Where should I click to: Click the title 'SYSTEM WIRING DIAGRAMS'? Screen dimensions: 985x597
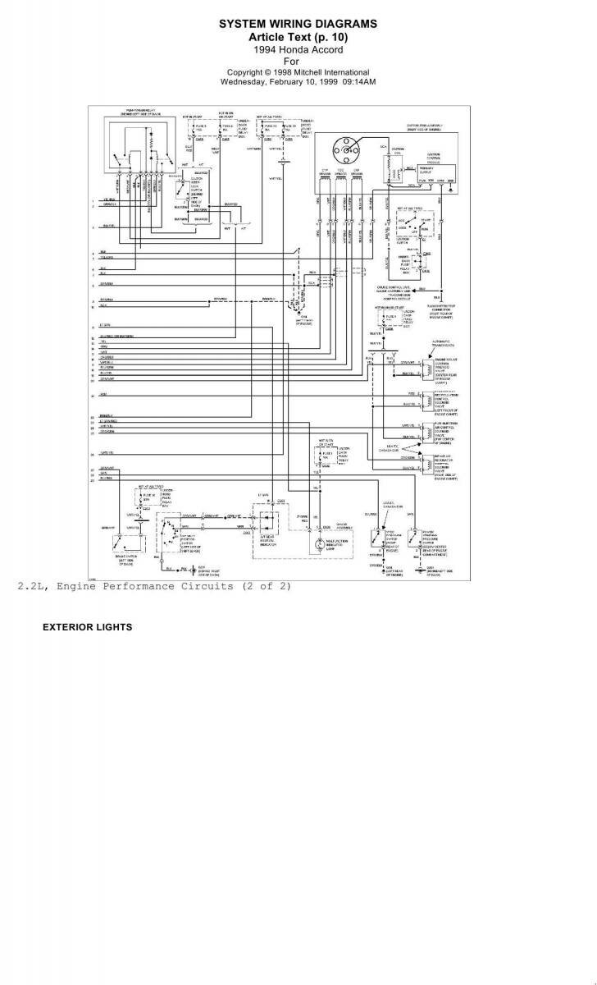coord(298,25)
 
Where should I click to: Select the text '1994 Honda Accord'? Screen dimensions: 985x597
coord(298,49)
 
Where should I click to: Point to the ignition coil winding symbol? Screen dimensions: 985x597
coord(387,168)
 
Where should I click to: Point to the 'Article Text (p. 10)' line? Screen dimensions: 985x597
coord(298,37)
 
